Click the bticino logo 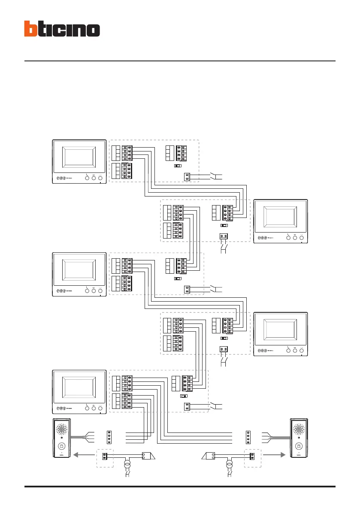click(x=62, y=29)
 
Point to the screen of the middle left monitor click(x=79, y=271)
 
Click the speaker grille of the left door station click(x=61, y=430)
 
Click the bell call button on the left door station click(x=61, y=446)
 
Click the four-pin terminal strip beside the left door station click(x=109, y=437)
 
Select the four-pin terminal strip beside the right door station click(x=247, y=437)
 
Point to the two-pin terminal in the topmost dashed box click(x=187, y=175)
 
